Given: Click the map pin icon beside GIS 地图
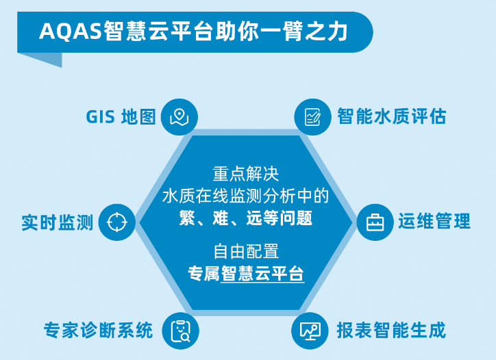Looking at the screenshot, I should click(x=179, y=116).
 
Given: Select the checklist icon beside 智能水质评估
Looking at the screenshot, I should click(x=312, y=116).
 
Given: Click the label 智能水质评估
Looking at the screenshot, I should click(x=391, y=116).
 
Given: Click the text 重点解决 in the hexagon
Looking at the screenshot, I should click(x=246, y=172).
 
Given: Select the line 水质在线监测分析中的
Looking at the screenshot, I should click(x=246, y=196).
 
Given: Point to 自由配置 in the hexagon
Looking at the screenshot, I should click(x=246, y=250).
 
